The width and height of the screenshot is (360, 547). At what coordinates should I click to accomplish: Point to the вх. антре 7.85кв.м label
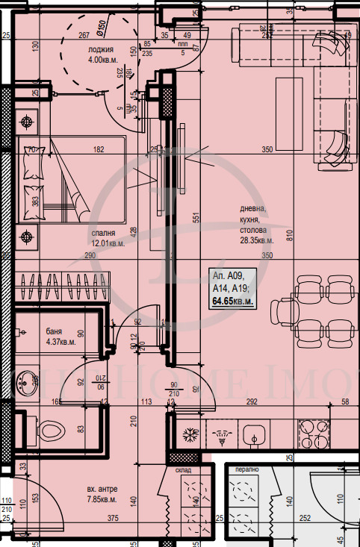[101, 494]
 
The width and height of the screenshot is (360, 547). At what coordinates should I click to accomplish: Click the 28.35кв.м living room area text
[255, 241]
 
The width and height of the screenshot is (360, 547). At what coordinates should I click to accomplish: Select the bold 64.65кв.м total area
[233, 301]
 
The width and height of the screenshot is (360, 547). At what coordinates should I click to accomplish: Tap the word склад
[184, 472]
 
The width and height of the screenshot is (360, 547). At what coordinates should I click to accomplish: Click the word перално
[247, 472]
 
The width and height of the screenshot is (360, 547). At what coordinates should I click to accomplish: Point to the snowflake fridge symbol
[190, 433]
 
